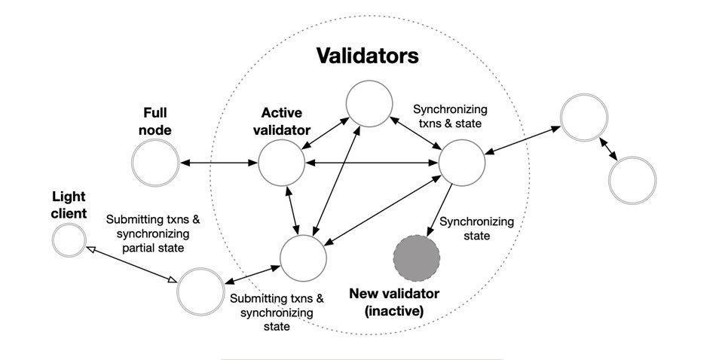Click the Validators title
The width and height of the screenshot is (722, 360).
[x=367, y=56]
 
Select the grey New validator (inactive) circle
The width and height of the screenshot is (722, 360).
[x=416, y=257]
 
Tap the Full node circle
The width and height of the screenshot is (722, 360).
[x=155, y=162]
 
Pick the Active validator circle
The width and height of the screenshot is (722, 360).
[x=281, y=162]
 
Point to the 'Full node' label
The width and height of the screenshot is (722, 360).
[x=157, y=121]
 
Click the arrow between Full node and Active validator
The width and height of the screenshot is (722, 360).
[x=218, y=162]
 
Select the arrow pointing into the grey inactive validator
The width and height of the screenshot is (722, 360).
[x=439, y=210]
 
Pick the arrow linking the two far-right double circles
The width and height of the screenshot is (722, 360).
[x=607, y=149]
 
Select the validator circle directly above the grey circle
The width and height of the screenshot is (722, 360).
[x=460, y=162]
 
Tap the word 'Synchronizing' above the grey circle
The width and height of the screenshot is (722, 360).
[x=476, y=221]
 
